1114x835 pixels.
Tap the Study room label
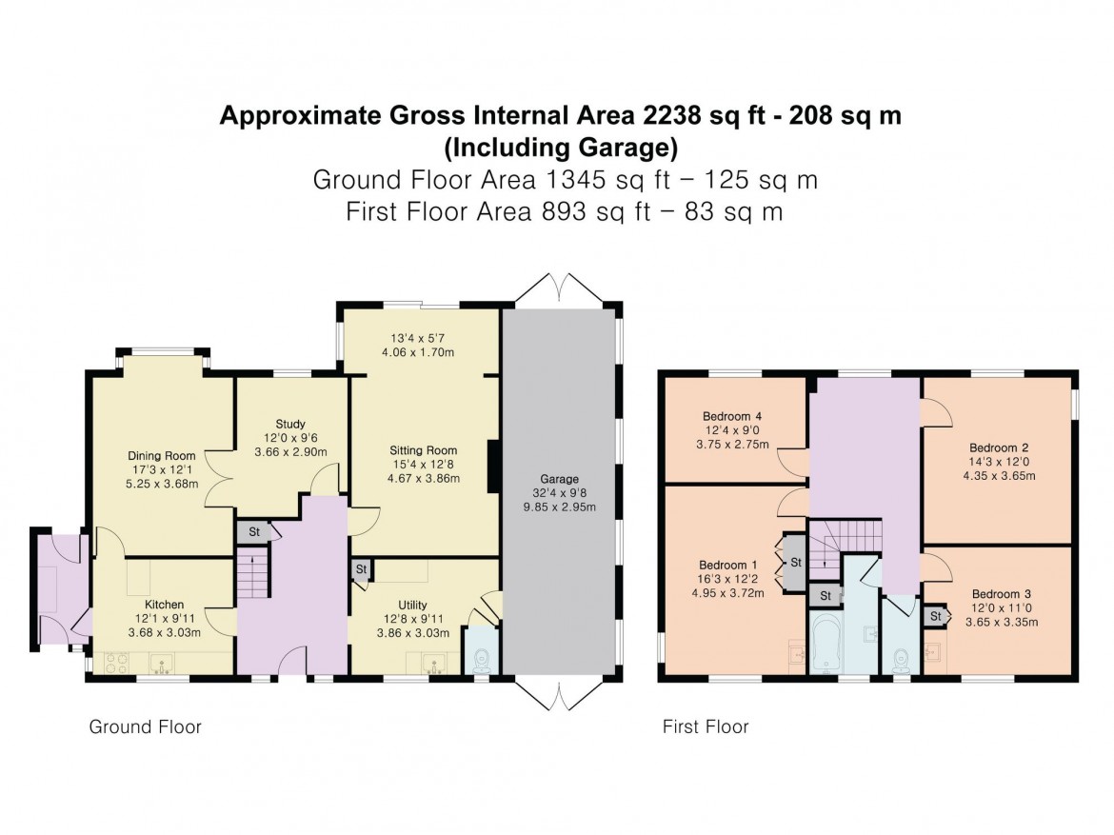point(290,424)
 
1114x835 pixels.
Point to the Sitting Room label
point(423,450)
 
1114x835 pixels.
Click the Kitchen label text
point(164,605)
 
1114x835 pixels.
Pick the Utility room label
point(412,605)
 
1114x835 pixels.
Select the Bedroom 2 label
point(999,447)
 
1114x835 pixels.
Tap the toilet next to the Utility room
point(483,656)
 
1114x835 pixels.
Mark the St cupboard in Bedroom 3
point(936,617)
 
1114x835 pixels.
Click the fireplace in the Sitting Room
point(492,467)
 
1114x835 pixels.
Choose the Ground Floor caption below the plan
point(145,727)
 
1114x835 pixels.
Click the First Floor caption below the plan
point(706,727)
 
